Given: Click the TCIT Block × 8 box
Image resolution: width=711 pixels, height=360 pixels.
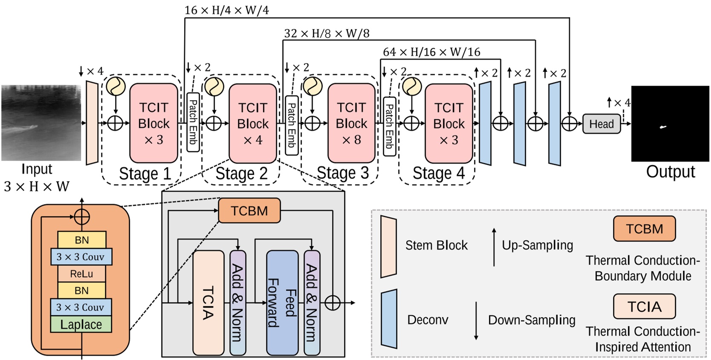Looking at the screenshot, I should tap(351, 123).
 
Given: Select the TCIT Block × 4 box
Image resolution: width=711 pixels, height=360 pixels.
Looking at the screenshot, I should tap(253, 123).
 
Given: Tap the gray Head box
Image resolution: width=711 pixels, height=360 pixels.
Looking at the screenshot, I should tap(601, 124).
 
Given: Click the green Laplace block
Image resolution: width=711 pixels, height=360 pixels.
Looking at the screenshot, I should tap(81, 324).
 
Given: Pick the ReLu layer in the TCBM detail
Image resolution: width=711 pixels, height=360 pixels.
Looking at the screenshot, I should tap(81, 274).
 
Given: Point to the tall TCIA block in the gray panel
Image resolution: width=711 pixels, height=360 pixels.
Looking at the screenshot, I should tap(208, 302).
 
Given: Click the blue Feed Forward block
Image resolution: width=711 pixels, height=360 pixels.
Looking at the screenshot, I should tap(282, 302).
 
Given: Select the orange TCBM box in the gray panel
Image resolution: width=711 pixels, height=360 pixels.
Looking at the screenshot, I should tap(249, 210).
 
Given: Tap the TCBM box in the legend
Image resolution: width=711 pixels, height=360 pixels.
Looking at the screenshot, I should tap(644, 229).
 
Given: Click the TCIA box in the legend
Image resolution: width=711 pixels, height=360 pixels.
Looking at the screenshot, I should tap(644, 306).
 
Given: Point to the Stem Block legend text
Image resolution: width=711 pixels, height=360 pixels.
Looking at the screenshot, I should tap(436, 245).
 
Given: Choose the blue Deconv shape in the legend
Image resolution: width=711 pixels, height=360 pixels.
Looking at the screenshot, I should tap(389, 319).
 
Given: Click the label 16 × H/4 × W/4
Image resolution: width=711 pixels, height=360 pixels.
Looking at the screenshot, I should tap(226, 10).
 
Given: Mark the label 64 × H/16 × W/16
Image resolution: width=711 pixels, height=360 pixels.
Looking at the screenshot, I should tap(431, 52).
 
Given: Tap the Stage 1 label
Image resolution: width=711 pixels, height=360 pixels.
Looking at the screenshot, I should tap(145, 173).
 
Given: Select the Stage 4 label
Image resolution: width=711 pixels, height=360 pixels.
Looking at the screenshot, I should tap(438, 173).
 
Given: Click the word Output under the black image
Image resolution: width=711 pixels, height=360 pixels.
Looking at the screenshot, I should tap(670, 172).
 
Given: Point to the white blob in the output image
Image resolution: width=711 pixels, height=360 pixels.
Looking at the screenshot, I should tap(663, 127).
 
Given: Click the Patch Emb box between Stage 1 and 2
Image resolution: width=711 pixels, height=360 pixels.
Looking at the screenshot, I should tap(193, 122).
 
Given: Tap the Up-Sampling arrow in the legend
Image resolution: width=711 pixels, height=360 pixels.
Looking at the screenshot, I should tap(494, 247).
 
